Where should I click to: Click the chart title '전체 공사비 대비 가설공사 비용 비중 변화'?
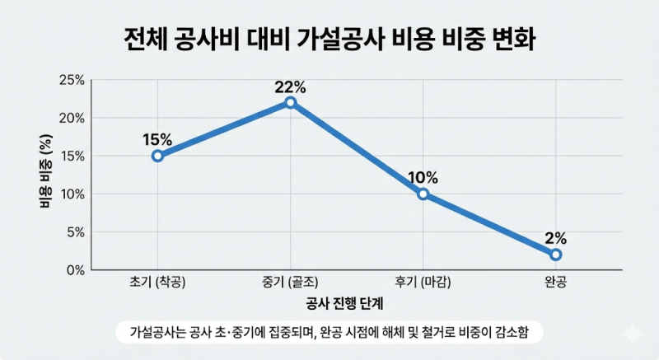coord(329,40)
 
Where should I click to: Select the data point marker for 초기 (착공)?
coord(157,156)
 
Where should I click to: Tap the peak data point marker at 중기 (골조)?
coord(291,102)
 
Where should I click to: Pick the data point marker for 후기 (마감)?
coord(423,194)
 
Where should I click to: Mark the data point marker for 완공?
coord(555,255)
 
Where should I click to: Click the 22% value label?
coord(291,87)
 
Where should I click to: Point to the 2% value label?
coord(555,239)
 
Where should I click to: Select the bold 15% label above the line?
coord(157,140)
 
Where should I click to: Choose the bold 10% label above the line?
coord(423,178)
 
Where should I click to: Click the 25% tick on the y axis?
coord(72,80)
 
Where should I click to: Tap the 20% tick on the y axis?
coord(72,118)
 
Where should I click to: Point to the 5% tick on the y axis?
coord(76,232)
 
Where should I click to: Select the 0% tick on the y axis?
coord(76,270)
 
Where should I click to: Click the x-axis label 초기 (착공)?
coord(157,282)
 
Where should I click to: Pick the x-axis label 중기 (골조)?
coord(290,282)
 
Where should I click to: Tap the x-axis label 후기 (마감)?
coord(423,282)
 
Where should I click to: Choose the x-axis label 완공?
coord(555,282)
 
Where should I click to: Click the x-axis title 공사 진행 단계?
coord(344,303)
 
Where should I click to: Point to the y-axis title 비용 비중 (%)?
coord(46,171)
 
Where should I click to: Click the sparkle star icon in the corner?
coord(633,334)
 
